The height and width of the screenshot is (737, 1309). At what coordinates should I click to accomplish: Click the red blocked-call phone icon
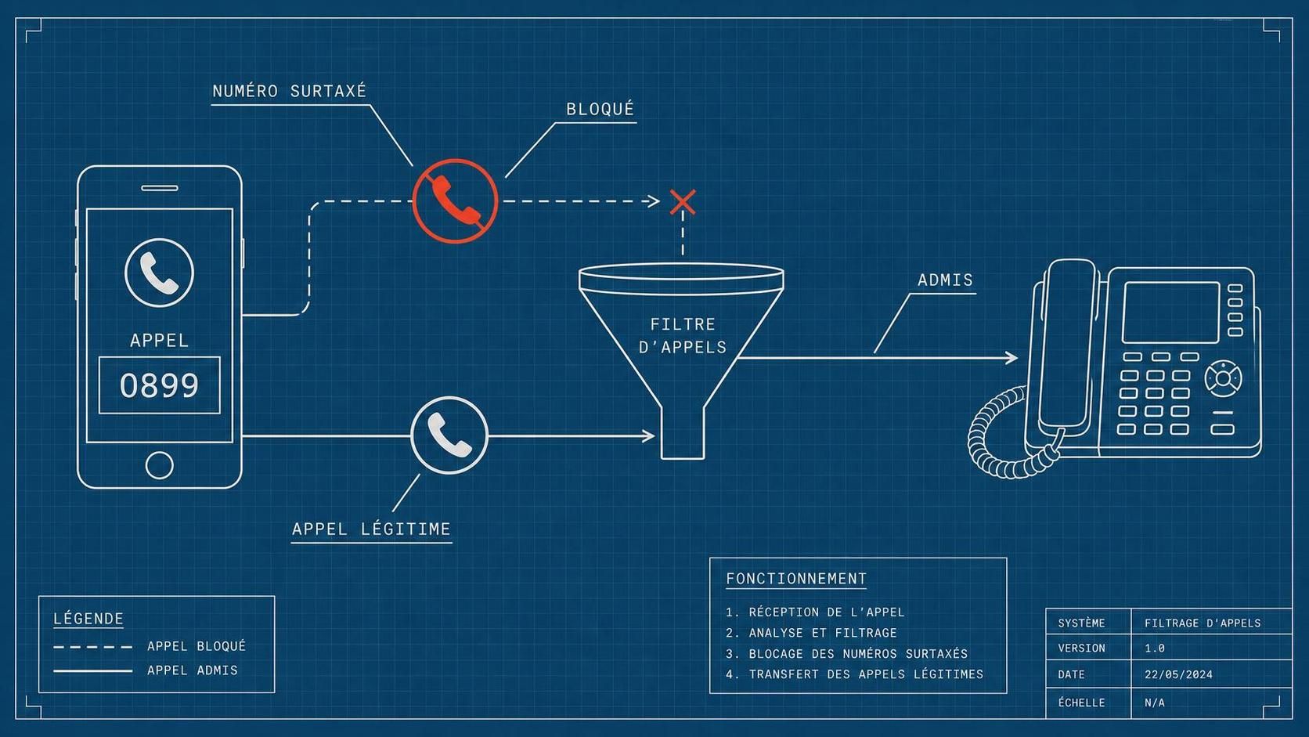(455, 201)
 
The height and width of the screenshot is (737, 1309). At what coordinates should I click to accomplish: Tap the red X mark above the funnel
(683, 202)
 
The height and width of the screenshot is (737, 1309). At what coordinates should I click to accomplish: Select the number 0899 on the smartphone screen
(159, 386)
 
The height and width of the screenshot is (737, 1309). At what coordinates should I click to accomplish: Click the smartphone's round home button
(159, 465)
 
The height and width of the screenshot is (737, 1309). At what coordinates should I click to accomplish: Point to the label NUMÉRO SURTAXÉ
(289, 91)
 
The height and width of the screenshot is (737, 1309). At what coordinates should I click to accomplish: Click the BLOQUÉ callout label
(600, 110)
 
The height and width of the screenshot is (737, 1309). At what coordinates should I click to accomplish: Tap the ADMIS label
(945, 280)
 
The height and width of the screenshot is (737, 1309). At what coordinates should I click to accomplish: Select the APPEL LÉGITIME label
(371, 529)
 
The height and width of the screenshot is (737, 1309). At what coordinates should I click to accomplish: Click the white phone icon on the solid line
(449, 435)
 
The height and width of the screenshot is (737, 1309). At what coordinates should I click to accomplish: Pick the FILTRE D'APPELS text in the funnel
(683, 335)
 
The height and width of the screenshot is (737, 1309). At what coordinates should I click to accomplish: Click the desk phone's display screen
(1171, 313)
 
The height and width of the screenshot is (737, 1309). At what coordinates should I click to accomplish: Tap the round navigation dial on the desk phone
(1223, 379)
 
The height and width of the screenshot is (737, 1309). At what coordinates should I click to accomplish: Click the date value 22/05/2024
(1178, 674)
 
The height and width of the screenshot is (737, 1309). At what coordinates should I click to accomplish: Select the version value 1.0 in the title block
(1155, 648)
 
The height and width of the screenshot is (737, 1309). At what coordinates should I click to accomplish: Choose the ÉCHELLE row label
(1081, 703)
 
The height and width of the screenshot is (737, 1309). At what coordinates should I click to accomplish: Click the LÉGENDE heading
(88, 619)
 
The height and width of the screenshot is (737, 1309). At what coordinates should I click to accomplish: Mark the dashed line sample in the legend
(93, 647)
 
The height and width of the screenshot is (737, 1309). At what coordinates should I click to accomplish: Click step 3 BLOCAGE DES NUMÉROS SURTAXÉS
(847, 653)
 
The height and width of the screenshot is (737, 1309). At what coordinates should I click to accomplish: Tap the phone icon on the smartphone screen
(159, 273)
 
